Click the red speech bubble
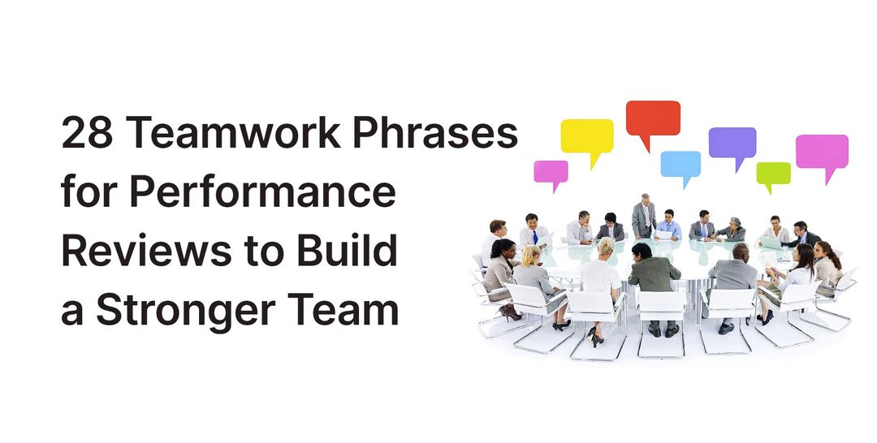653,118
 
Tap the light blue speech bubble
680,163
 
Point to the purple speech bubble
732,143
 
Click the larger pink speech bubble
822,151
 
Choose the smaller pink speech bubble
551,172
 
